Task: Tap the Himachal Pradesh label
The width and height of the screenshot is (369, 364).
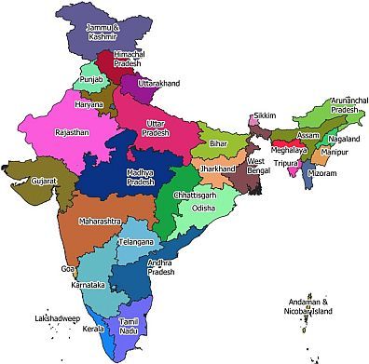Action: tap(130, 61)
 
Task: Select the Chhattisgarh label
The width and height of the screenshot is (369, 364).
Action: tap(197, 196)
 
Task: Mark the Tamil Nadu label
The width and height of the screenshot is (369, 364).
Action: tap(129, 326)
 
